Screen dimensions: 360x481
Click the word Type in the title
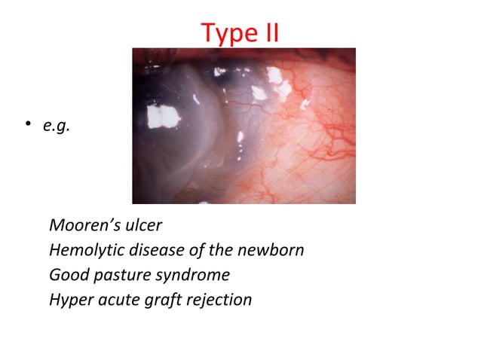coord(225,32)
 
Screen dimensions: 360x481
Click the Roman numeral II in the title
coord(267,32)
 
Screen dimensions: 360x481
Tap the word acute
coord(116,300)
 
